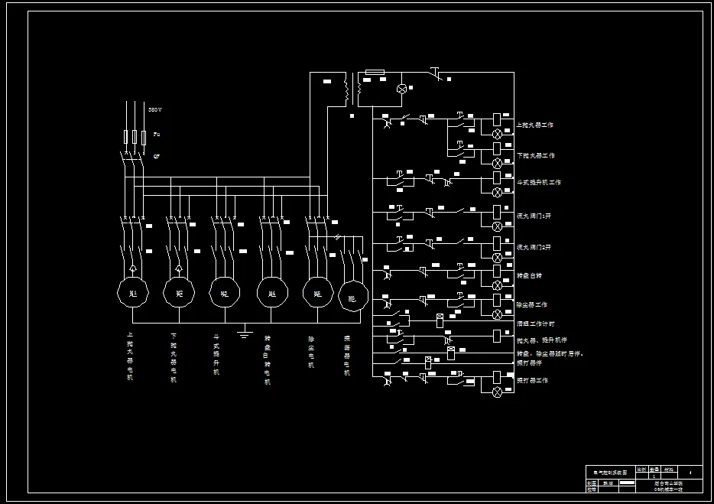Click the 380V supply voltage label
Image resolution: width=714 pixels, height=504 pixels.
click(x=155, y=111)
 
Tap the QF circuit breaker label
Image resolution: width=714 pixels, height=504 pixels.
click(x=157, y=156)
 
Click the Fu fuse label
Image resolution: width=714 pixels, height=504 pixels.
click(x=157, y=134)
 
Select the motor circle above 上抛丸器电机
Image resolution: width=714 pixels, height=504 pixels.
click(x=132, y=293)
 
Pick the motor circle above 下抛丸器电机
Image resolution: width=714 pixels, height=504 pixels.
click(x=179, y=293)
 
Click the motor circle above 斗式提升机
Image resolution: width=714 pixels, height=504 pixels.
click(x=225, y=293)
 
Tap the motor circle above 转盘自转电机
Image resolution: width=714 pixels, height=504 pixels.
click(x=271, y=293)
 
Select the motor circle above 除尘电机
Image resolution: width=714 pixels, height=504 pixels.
click(x=317, y=293)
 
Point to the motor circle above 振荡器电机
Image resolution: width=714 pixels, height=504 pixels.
click(x=353, y=298)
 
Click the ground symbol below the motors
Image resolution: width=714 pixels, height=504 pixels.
click(x=244, y=331)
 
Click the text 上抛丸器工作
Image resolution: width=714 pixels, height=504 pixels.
click(x=535, y=125)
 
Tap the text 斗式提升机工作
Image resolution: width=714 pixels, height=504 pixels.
click(x=539, y=183)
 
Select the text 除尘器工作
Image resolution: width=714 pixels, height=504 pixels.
click(x=532, y=304)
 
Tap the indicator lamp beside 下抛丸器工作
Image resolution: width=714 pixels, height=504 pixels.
click(x=498, y=164)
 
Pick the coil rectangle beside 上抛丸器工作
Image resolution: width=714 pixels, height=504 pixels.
click(x=498, y=119)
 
